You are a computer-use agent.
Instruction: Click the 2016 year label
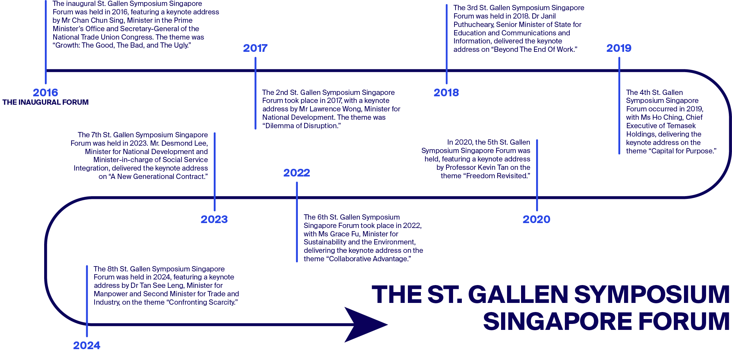[45, 92]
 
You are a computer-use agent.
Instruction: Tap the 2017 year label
[255, 48]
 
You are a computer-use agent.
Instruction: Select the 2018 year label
[446, 92]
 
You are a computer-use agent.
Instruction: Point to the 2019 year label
[619, 48]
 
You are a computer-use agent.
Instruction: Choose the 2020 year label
[536, 219]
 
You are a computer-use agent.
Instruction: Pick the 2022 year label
[296, 173]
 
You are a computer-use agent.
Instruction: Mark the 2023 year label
[214, 219]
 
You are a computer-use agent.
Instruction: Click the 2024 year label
[87, 345]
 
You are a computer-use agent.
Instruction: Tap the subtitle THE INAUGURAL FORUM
[45, 102]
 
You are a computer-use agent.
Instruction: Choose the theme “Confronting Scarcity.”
[202, 302]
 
